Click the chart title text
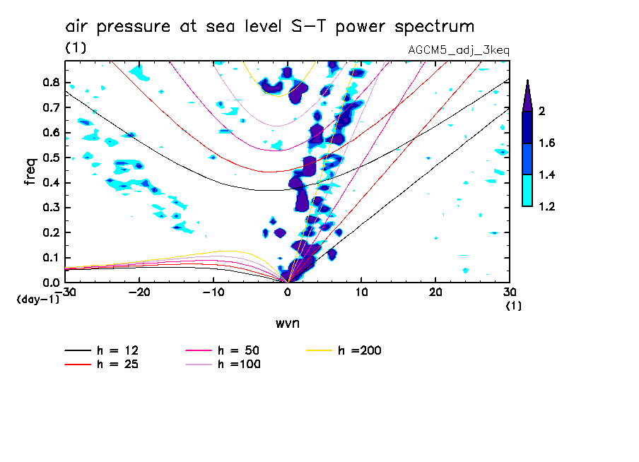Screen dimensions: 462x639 click(269, 27)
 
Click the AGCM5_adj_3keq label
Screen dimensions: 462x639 click(459, 51)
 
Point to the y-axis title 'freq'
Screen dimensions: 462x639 click(30, 171)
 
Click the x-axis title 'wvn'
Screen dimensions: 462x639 click(287, 324)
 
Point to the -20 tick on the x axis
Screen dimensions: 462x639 click(139, 292)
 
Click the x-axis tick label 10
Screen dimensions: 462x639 click(361, 292)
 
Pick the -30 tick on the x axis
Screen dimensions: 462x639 click(65, 292)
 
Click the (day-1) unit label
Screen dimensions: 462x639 click(37, 300)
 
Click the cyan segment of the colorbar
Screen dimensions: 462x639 click(527, 191)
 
